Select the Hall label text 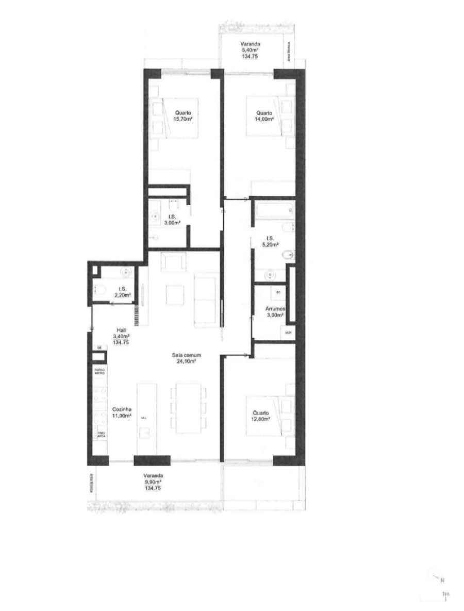[121, 330]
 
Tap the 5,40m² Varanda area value [252, 51]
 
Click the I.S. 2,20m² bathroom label [122, 289]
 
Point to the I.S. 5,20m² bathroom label [269, 238]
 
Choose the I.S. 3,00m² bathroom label [171, 217]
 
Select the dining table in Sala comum [188, 407]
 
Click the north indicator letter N [442, 580]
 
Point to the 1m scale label [445, 593]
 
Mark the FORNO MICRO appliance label [100, 371]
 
